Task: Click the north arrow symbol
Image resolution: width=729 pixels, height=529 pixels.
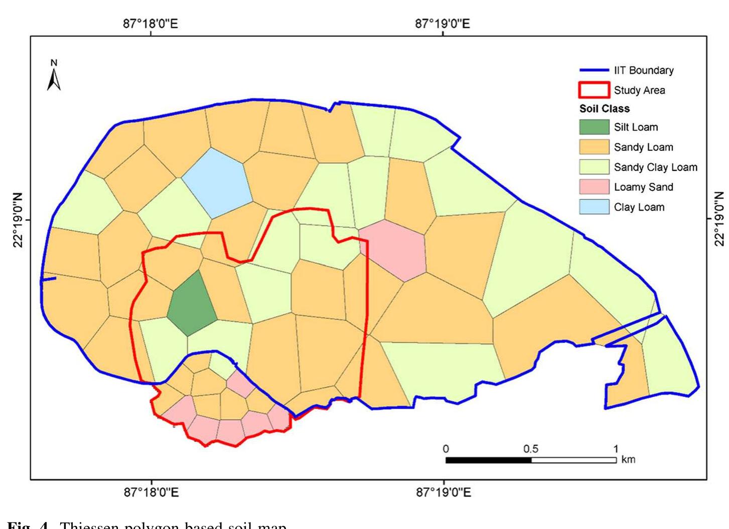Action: (54, 77)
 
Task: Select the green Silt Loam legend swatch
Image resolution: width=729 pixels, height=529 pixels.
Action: (594, 127)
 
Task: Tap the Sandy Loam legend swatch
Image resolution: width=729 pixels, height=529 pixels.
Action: (594, 147)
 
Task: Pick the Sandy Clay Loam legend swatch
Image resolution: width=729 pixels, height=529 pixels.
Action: (594, 167)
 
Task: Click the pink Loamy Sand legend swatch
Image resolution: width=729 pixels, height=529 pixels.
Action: (594, 187)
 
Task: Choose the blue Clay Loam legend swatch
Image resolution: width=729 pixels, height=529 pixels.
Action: (594, 207)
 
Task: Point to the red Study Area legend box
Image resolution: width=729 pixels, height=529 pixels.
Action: (594, 90)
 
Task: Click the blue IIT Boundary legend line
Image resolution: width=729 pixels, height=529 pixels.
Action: (594, 70)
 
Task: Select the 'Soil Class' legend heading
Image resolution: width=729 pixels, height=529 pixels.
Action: (604, 109)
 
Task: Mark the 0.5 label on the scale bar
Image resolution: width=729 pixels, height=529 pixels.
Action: (531, 449)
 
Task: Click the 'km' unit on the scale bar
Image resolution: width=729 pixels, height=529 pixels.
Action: (628, 459)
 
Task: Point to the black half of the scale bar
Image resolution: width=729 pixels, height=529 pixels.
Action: (488, 460)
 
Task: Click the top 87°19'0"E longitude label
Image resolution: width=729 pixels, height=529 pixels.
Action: (443, 24)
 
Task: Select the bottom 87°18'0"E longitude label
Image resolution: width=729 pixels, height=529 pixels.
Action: (151, 493)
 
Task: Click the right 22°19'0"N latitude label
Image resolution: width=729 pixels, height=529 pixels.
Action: (719, 219)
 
